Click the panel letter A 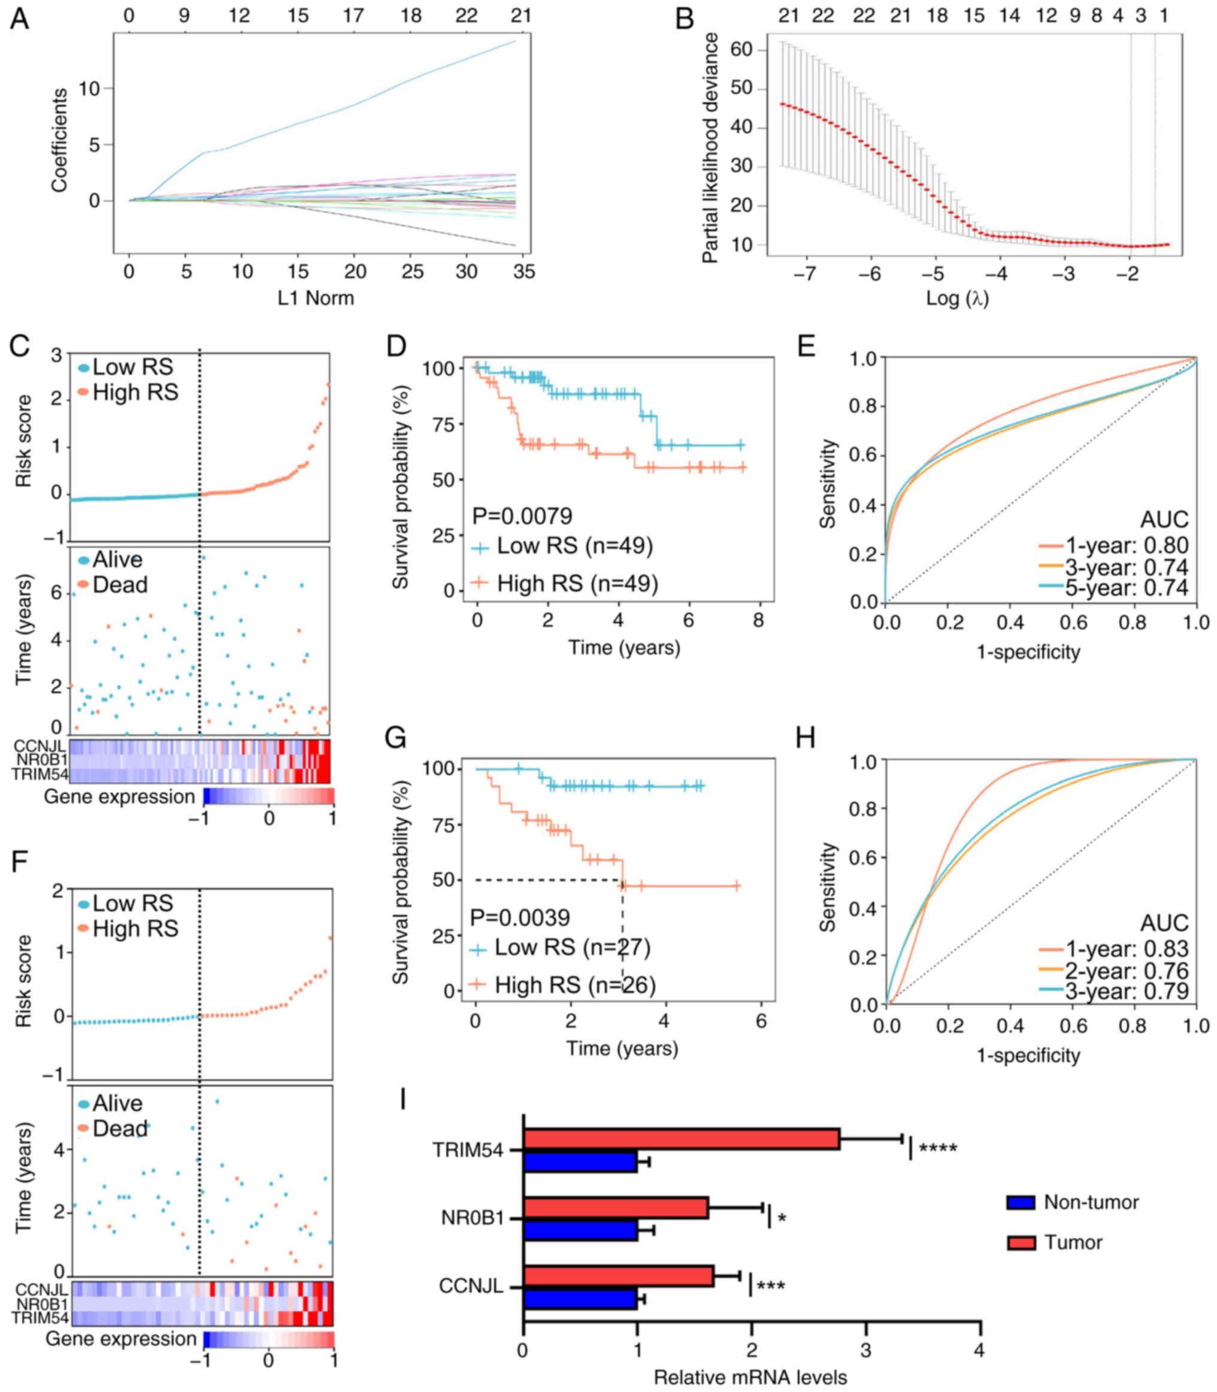(19, 19)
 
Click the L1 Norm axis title (316, 298)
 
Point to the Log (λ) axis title (957, 298)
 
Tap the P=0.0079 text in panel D (522, 516)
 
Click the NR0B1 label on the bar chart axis (473, 1218)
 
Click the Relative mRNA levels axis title (750, 1377)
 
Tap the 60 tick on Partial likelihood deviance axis (742, 49)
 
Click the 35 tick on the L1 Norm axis (523, 272)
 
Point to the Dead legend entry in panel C (120, 584)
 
